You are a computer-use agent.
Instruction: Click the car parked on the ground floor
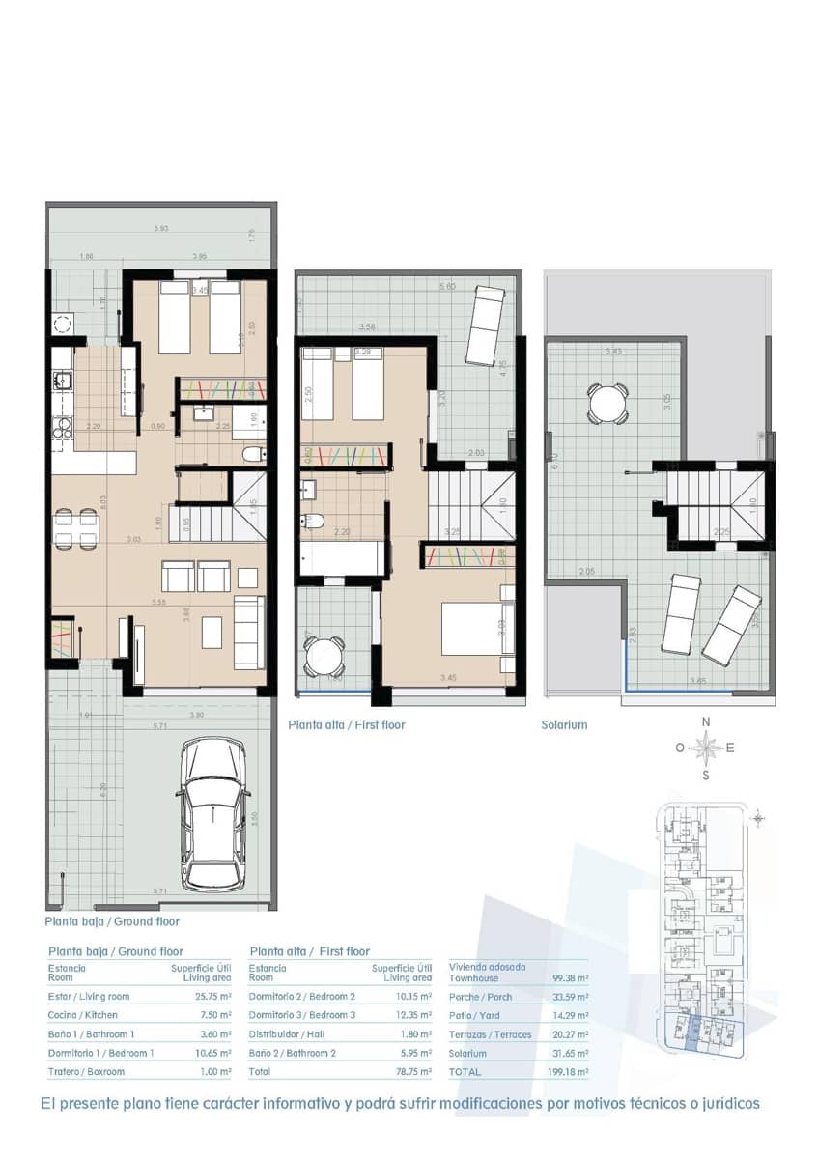coord(217,813)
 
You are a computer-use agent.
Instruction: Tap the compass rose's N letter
coord(706,721)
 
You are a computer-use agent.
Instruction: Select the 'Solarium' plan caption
coord(564,724)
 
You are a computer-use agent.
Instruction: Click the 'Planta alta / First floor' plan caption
coord(347,724)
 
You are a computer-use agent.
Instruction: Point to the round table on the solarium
coord(608,403)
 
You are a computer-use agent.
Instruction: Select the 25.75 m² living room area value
coord(212,996)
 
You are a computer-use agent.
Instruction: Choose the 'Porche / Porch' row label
coord(482,997)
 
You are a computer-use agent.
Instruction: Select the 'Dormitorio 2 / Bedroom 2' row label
coord(302,996)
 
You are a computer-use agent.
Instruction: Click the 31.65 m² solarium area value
coord(569,1054)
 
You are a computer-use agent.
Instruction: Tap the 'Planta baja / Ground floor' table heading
coord(115,951)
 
